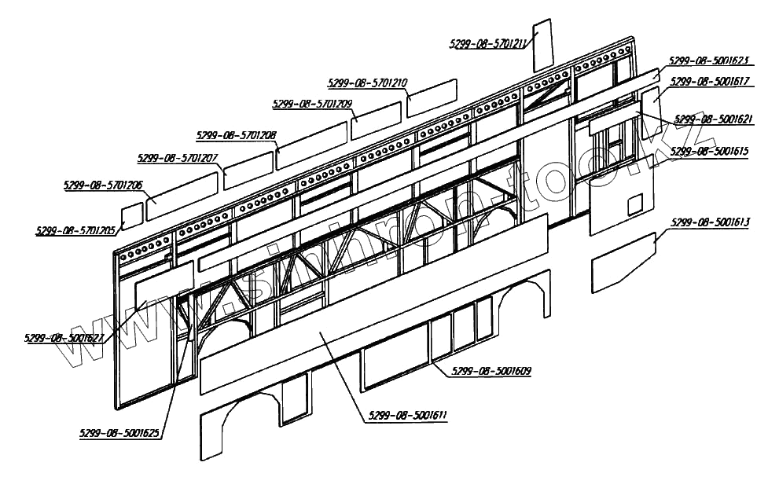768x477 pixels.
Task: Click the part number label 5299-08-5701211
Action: click(x=489, y=44)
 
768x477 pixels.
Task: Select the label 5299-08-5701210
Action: click(x=367, y=82)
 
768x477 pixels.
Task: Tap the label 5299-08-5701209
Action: click(x=312, y=104)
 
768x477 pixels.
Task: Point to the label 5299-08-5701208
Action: click(x=237, y=135)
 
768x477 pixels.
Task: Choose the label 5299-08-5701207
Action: click(x=178, y=158)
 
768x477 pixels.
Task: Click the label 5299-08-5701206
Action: click(x=103, y=185)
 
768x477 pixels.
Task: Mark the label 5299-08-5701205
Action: click(x=75, y=230)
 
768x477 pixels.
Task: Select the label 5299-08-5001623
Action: click(x=708, y=60)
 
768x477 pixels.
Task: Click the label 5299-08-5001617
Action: click(x=708, y=80)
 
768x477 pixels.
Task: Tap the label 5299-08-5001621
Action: click(x=714, y=119)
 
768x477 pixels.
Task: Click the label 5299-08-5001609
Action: click(x=492, y=370)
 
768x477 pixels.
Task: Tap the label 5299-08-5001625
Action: click(x=119, y=432)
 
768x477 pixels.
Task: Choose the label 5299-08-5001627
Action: click(x=64, y=338)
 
